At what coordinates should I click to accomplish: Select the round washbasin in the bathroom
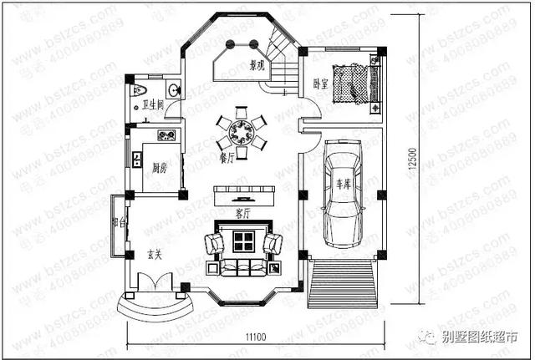coord(172,90)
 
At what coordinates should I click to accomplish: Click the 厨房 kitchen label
coord(159,168)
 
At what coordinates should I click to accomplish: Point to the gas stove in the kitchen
coord(165,135)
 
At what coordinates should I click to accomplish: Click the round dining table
coord(241,131)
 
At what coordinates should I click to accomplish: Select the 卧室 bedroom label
coord(320,84)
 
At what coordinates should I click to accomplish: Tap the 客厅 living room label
coord(242,213)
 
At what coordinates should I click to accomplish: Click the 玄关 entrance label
coord(155,253)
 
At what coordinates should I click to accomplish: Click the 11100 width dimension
coord(256,336)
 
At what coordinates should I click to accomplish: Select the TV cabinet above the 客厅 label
coord(242,195)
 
